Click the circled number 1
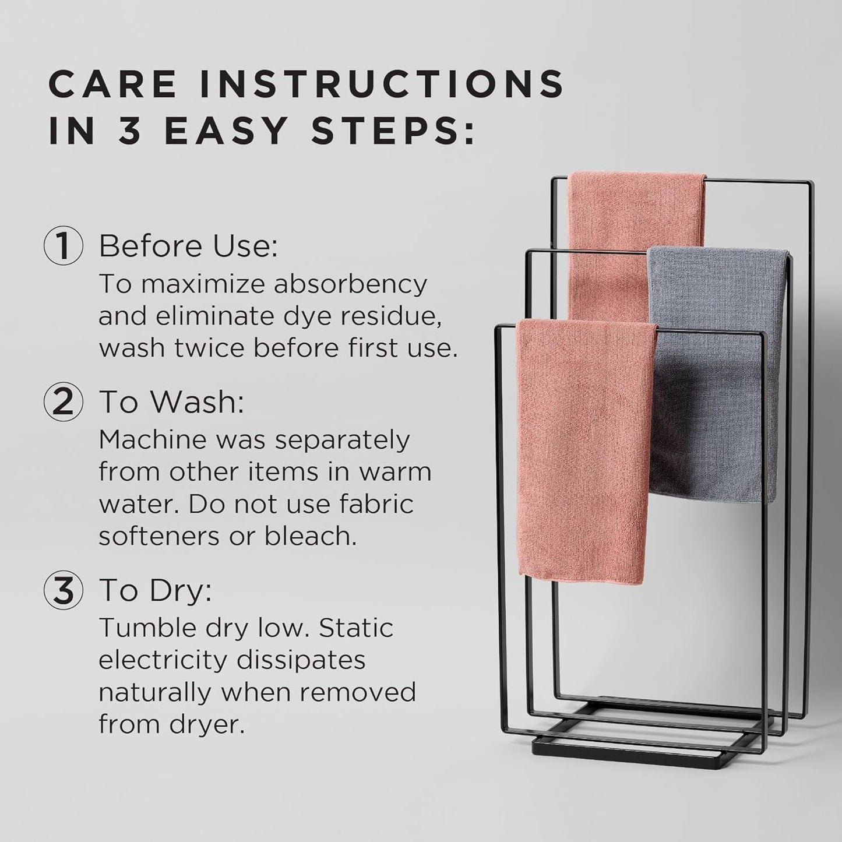[x=63, y=247]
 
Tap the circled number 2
[x=63, y=403]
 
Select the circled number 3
[x=63, y=590]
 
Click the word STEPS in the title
[x=393, y=131]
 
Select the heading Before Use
[x=188, y=247]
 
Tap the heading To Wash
[x=171, y=403]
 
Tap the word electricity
[x=163, y=660]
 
